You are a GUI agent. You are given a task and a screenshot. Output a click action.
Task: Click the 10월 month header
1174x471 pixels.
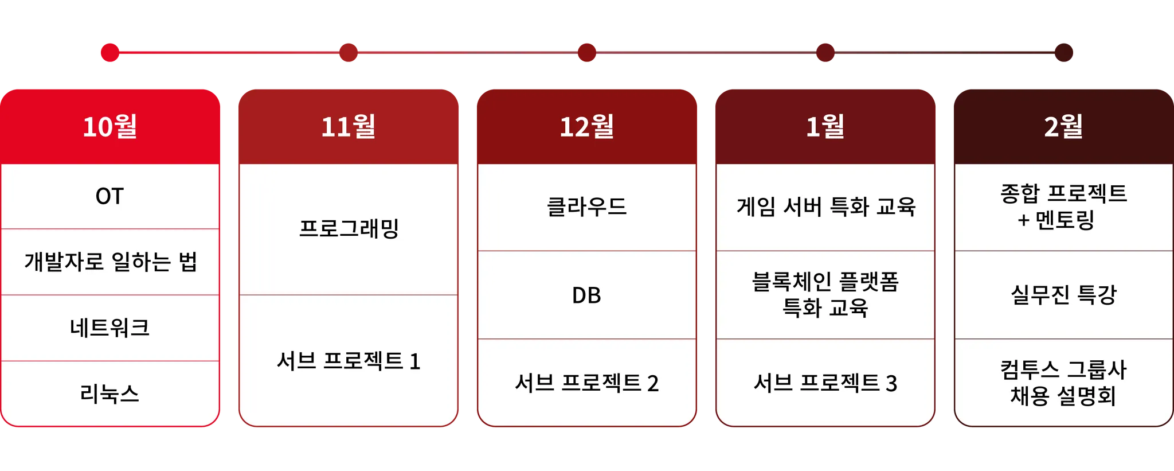coord(110,126)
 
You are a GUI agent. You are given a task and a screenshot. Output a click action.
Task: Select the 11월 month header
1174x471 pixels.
coord(349,126)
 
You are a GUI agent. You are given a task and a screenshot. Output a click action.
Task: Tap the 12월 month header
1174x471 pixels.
coord(586,126)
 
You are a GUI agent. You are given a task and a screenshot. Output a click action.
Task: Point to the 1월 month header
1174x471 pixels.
coord(825,126)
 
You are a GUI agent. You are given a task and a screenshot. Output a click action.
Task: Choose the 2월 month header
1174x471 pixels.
coord(1063,126)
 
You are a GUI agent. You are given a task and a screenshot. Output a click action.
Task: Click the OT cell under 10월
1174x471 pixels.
coord(109,197)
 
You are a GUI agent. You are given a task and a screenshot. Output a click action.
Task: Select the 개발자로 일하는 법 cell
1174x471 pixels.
coord(110,262)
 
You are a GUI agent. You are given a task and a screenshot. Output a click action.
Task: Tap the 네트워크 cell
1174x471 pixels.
coord(110,328)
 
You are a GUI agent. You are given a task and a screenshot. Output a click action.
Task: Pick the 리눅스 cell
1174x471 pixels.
coord(110,394)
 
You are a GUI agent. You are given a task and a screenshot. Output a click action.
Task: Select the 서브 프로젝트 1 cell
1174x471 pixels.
coord(349,361)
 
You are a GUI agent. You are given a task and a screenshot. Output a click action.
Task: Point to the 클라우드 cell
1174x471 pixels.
coord(586,207)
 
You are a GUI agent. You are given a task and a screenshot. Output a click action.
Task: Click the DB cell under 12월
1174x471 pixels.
coord(586,295)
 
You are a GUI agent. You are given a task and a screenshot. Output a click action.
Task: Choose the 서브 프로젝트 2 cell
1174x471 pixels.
coord(586,383)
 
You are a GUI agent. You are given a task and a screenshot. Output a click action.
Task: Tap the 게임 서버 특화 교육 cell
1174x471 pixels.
coord(825,207)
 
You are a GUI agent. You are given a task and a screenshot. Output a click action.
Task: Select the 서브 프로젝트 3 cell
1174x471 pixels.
coord(825,383)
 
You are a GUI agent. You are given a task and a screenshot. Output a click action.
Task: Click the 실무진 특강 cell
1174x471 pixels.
coord(1063,295)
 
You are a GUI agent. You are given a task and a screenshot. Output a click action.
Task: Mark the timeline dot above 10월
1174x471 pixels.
coord(109,52)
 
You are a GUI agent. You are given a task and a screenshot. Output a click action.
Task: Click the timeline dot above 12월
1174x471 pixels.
coord(586,52)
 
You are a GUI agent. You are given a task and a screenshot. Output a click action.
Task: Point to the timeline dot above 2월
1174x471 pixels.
coord(1064,52)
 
